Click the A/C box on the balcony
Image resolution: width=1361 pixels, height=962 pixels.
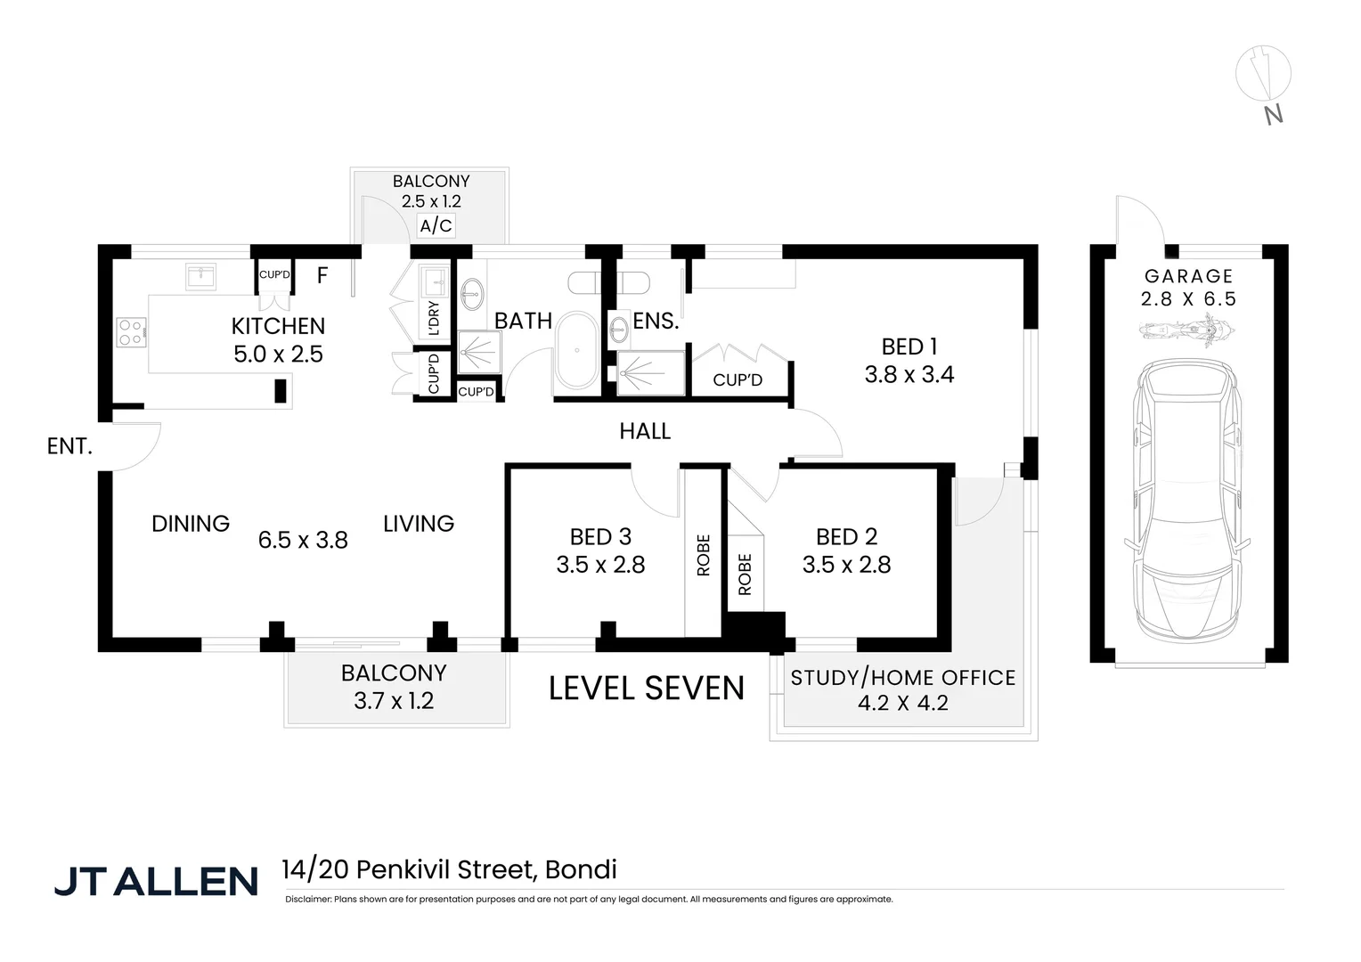(x=436, y=225)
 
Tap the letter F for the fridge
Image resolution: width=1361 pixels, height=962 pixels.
(x=322, y=275)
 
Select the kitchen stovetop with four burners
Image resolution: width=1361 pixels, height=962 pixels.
(x=131, y=333)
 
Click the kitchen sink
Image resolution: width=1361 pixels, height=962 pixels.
(x=200, y=276)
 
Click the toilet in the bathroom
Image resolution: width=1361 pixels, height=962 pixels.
(x=587, y=282)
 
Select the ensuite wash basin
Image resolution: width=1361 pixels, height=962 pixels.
(x=618, y=330)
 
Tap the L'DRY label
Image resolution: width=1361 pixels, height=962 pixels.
(x=434, y=318)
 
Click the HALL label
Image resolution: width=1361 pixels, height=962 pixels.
(x=645, y=431)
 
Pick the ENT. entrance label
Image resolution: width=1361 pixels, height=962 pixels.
(x=69, y=446)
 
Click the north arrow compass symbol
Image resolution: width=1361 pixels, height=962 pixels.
(x=1263, y=73)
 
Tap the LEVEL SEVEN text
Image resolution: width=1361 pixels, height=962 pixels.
(x=646, y=689)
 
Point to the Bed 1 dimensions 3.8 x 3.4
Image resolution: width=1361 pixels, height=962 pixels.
(x=909, y=375)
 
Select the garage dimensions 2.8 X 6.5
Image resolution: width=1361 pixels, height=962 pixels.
(x=1188, y=299)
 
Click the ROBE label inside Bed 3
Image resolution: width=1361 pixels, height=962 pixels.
(x=703, y=555)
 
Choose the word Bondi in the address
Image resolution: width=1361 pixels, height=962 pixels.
(x=581, y=869)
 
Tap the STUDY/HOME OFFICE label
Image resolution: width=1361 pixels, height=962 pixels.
(x=902, y=678)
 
